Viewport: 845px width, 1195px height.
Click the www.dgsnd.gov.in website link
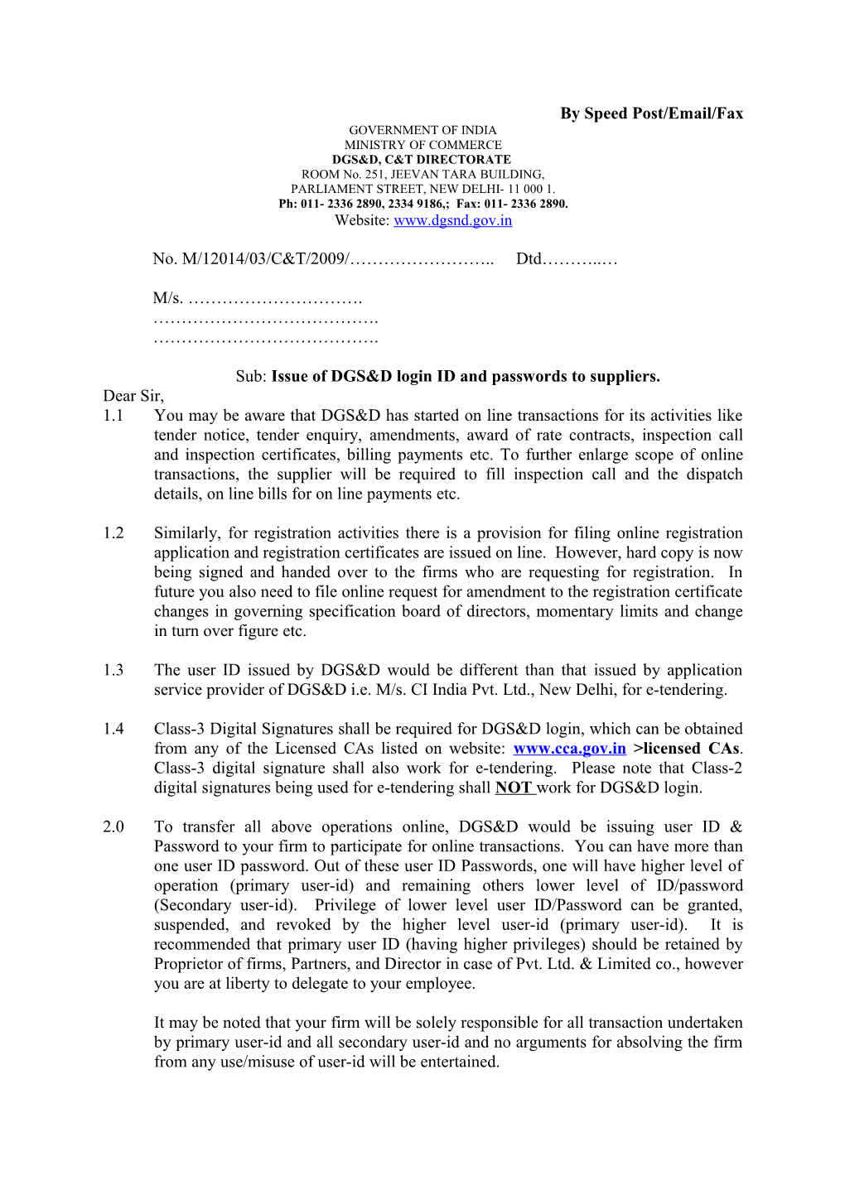coord(452,220)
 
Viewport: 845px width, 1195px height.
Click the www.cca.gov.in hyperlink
coord(569,749)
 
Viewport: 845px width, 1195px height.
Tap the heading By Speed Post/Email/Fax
coord(651,113)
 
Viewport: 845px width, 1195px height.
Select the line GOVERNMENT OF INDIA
coord(422,130)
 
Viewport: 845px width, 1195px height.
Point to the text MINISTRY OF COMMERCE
coord(422,145)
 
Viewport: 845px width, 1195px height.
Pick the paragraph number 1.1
coord(113,416)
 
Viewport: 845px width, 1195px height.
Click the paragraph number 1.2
coord(113,533)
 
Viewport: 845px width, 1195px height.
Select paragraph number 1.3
coord(113,670)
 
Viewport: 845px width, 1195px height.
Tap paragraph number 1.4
coord(113,729)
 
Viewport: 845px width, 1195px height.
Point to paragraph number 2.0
coord(113,826)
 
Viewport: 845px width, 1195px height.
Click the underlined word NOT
coord(514,788)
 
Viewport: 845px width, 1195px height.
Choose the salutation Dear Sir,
coord(133,396)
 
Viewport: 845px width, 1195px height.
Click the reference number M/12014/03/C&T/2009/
coord(264,259)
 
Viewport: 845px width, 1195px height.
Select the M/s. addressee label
coord(167,298)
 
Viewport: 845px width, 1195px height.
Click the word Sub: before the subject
coord(251,377)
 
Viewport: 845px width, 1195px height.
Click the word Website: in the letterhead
coord(362,220)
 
